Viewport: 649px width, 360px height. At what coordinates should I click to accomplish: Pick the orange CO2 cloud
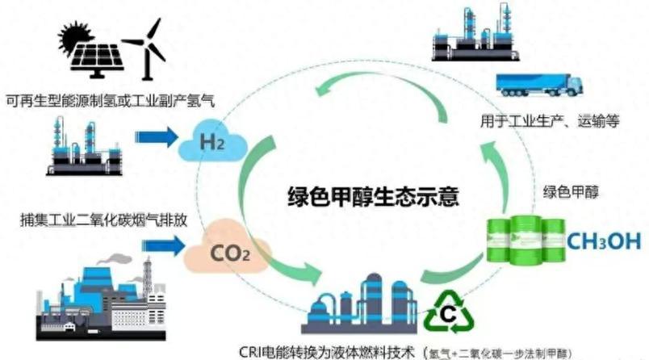coord(217,256)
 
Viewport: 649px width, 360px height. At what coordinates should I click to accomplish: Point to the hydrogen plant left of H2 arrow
coord(85,145)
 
